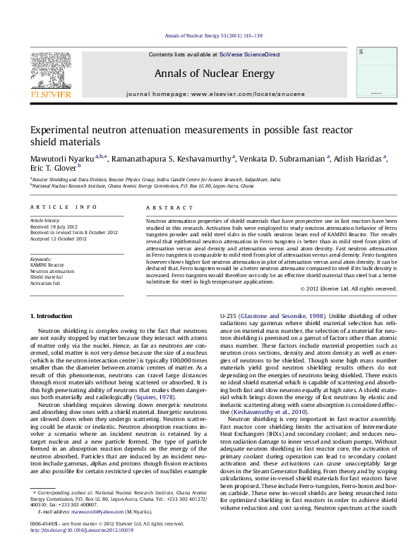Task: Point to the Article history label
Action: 45,221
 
